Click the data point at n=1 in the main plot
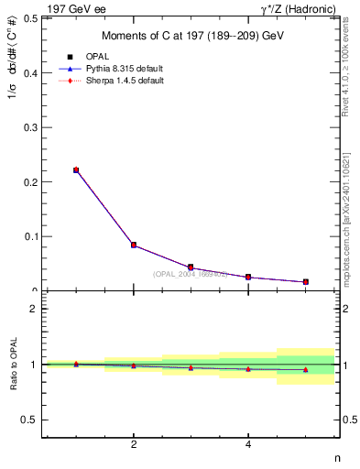pos(76,169)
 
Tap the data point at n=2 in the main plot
pos(134,245)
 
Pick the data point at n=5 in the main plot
pos(305,281)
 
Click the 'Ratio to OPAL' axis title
pos(12,365)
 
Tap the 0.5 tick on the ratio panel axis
pos(28,420)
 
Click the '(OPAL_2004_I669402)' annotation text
pos(190,274)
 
